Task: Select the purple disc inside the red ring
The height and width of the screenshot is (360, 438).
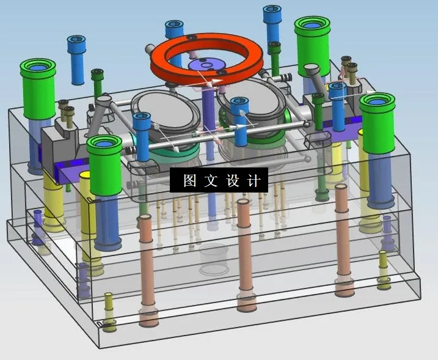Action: tap(206, 65)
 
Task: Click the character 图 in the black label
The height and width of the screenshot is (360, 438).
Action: tap(190, 180)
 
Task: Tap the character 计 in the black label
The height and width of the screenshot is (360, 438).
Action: tap(254, 180)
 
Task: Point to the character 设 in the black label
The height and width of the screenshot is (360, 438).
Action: tap(232, 180)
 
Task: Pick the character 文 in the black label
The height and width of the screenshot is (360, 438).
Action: tap(211, 180)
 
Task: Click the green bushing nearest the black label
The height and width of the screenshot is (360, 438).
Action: tap(104, 165)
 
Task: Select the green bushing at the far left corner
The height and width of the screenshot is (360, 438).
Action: tap(38, 89)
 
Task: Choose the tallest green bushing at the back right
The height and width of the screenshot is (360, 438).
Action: tap(312, 46)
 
